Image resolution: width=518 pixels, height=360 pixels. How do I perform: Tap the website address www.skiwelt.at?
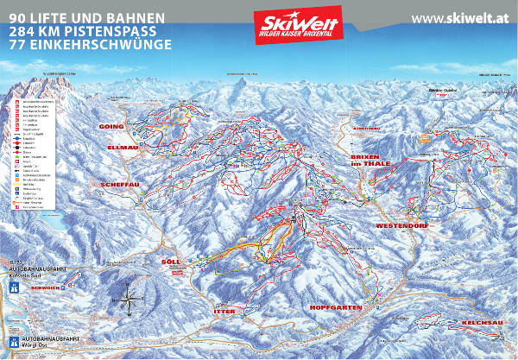click(458, 18)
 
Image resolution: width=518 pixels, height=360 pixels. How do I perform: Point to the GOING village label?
click(112, 126)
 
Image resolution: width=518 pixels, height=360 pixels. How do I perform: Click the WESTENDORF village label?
click(402, 225)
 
